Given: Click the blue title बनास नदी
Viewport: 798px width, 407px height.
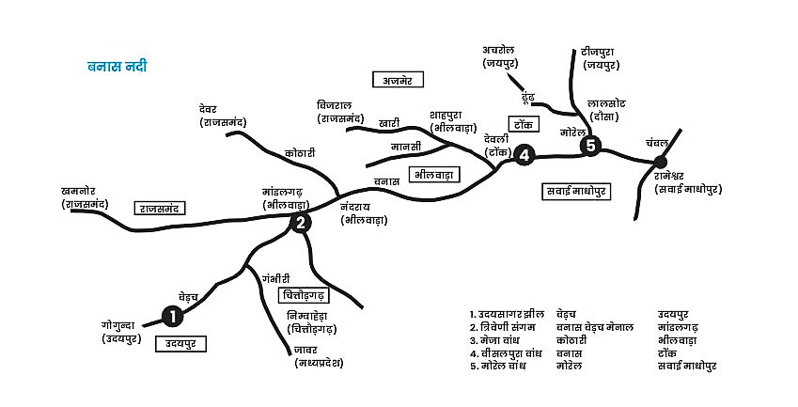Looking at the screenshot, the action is [x=117, y=66].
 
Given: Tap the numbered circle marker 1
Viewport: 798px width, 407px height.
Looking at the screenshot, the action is [x=173, y=317].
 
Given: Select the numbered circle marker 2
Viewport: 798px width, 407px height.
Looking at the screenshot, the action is [x=301, y=223].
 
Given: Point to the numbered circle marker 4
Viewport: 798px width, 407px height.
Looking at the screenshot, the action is [x=524, y=153].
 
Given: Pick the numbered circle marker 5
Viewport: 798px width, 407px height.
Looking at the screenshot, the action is [x=590, y=146].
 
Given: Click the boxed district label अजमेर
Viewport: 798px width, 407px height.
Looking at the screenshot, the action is [x=398, y=79].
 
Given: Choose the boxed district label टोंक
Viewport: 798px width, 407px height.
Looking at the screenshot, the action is [x=524, y=124].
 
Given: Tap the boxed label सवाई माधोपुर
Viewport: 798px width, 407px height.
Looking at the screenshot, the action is [x=576, y=192].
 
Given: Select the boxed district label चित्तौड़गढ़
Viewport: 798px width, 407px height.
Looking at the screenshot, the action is [x=305, y=295].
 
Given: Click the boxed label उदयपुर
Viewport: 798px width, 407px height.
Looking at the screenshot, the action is [x=180, y=344].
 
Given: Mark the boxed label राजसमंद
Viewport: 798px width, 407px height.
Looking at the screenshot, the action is [x=160, y=208].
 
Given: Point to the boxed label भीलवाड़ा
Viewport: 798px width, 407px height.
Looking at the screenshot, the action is [x=434, y=175].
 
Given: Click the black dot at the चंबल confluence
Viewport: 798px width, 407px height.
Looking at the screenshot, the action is [x=660, y=163].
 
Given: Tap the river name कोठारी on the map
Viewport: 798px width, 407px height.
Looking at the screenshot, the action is [x=300, y=152].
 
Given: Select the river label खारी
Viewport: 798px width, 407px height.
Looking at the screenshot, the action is [x=389, y=123].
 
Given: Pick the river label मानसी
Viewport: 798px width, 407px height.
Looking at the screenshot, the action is [x=406, y=147].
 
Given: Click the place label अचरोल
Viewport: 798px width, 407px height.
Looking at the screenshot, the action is [x=498, y=50].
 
